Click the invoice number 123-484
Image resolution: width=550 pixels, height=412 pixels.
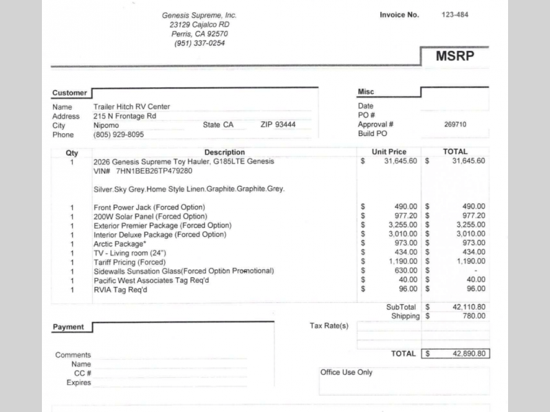point(455,14)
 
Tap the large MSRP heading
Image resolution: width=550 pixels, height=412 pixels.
point(454,56)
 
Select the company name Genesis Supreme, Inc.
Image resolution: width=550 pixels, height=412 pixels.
point(199,15)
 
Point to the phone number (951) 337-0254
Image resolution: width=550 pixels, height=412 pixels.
point(199,43)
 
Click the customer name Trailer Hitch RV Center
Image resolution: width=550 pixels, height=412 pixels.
point(131,106)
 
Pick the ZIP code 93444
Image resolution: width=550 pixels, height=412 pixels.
point(285,125)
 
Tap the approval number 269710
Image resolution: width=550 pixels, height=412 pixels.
point(455,125)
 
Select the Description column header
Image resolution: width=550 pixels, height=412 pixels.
point(224,152)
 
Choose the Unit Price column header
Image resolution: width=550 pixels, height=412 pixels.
point(389,152)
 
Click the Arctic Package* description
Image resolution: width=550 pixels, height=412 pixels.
point(120,244)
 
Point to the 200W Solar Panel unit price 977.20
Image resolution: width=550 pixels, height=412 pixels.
point(402,216)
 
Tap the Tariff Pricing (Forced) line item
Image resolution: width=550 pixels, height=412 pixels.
point(129,262)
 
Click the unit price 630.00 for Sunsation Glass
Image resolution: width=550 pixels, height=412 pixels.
point(404,271)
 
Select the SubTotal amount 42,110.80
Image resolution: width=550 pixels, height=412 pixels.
point(469,307)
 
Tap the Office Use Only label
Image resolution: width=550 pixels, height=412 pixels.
point(346,372)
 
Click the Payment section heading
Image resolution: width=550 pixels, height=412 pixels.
point(68,327)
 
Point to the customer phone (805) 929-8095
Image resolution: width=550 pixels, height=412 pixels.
point(118,135)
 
